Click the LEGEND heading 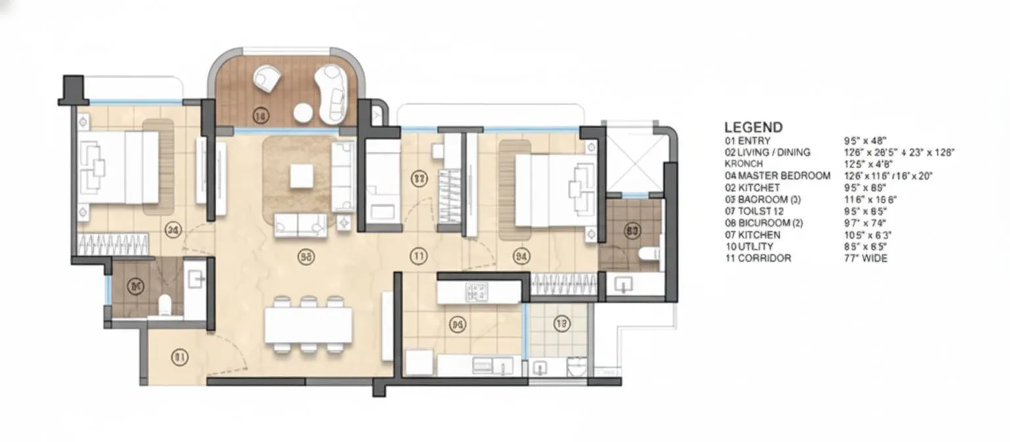pyautogui.click(x=754, y=128)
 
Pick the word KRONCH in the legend pyautogui.click(x=744, y=164)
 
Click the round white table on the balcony pyautogui.click(x=303, y=113)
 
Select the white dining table pyautogui.click(x=308, y=326)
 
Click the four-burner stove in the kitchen pyautogui.click(x=476, y=292)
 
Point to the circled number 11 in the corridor pyautogui.click(x=418, y=257)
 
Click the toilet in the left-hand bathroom pyautogui.click(x=165, y=304)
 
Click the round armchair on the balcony pyautogui.click(x=268, y=78)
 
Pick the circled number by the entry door pyautogui.click(x=180, y=357)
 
